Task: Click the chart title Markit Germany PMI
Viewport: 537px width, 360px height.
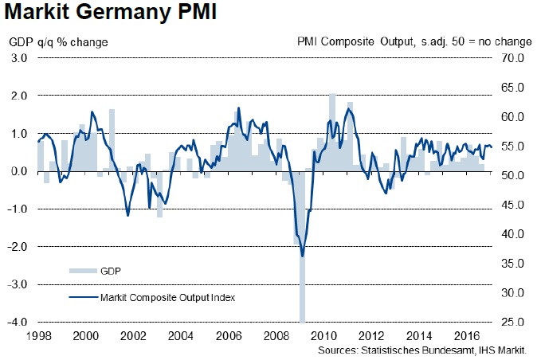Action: [107, 14]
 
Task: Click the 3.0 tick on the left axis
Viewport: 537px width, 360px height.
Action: [19, 58]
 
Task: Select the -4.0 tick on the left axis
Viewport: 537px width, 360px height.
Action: [18, 322]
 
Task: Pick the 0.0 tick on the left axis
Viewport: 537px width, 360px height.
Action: [19, 171]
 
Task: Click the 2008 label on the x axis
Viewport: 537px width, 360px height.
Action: [278, 336]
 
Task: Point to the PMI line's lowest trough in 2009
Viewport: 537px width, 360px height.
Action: [303, 256]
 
